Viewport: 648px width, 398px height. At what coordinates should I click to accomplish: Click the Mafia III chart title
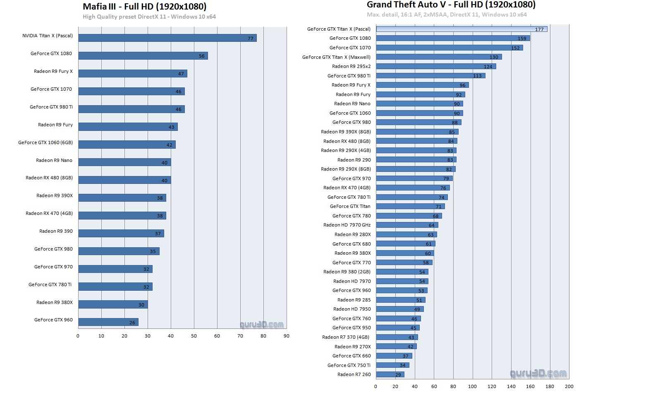pos(144,6)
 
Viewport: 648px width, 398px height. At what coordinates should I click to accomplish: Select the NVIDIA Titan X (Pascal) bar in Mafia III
pos(167,38)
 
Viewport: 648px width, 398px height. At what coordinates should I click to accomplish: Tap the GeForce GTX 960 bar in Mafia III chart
pos(108,322)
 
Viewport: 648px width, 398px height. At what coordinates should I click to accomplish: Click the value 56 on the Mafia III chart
pos(202,56)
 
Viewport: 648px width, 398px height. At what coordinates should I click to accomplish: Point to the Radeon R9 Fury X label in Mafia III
pos(53,71)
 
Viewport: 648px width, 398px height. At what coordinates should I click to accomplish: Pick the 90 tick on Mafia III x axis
pos(287,336)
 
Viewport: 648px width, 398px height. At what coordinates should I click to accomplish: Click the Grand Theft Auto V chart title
pos(451,5)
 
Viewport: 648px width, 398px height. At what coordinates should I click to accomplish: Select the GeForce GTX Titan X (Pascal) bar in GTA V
pos(461,29)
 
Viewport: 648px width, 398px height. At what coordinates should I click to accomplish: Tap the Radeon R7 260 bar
pos(390,374)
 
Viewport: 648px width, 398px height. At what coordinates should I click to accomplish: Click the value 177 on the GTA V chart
pos(539,29)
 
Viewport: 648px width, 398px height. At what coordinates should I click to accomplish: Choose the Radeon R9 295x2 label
pos(351,66)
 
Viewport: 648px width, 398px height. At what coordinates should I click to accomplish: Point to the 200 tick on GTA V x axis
pos(569,386)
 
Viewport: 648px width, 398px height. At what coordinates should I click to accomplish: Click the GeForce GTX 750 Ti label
pos(349,365)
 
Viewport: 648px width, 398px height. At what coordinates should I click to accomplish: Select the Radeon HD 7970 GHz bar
pos(406,225)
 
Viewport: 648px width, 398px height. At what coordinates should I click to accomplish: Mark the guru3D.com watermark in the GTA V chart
pos(538,374)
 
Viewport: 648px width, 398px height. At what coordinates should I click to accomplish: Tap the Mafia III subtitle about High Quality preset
pos(149,17)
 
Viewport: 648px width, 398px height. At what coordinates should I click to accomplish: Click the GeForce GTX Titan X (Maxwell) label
pos(336,57)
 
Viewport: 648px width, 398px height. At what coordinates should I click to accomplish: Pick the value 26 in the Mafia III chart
pos(132,323)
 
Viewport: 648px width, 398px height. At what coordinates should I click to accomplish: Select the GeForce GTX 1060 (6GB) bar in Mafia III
pos(127,145)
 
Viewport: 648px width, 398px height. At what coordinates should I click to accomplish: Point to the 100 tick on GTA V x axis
pos(472,386)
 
